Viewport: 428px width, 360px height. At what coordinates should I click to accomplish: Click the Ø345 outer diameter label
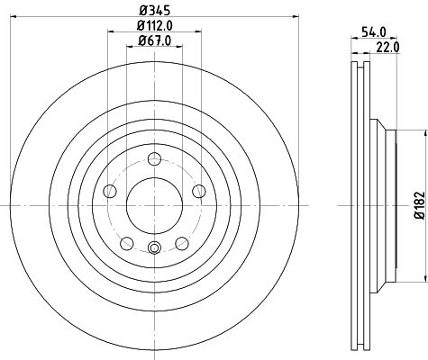153,11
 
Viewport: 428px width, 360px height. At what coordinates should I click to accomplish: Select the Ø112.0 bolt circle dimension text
153,24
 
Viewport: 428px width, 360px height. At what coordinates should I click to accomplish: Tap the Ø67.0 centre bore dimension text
153,39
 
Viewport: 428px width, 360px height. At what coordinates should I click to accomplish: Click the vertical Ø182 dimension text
418,205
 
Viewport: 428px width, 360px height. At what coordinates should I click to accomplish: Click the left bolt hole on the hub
110,191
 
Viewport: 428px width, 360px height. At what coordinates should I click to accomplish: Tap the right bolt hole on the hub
196,191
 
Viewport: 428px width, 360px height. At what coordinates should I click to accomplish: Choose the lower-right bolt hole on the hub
180,242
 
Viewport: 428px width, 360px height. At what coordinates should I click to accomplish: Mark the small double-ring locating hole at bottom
153,249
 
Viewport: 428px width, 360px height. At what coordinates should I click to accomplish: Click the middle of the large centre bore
153,206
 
